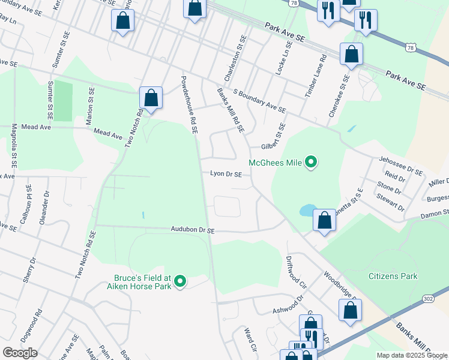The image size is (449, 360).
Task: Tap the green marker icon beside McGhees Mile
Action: click(311, 163)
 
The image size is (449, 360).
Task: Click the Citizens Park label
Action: click(392, 276)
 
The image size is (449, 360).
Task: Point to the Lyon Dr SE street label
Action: click(226, 174)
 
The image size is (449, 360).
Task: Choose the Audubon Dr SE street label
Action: click(192, 230)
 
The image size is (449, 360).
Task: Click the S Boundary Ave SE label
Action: click(259, 101)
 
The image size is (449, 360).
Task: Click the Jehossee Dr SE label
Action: click(401, 164)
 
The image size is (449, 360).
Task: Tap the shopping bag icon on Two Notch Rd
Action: click(151, 98)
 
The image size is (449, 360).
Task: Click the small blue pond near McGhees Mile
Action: click(306, 210)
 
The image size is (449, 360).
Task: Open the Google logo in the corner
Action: click(20, 353)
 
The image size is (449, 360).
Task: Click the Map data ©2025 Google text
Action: click(412, 355)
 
